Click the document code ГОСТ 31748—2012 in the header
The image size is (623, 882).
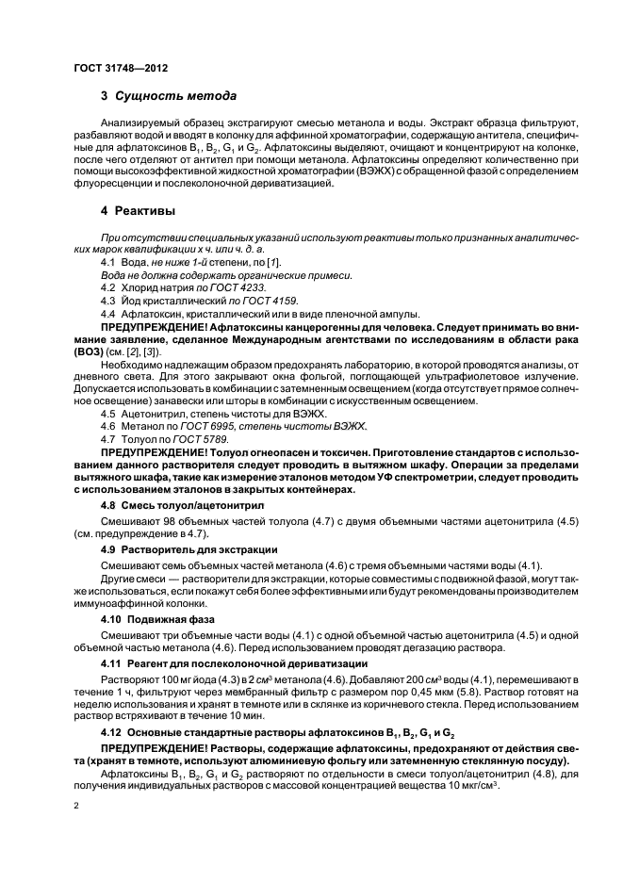coord(122,69)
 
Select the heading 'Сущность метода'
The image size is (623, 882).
coord(175,96)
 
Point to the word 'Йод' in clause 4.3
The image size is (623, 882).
coord(134,300)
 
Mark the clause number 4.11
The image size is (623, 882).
coord(111,662)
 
